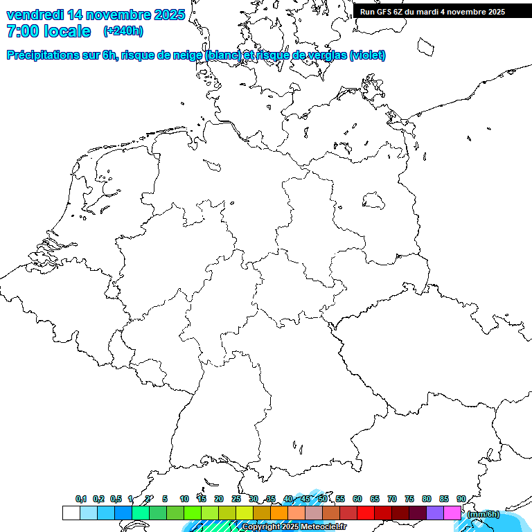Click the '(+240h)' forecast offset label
pos(123,31)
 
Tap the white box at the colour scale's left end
pos(71,513)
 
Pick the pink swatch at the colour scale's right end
pos(452,513)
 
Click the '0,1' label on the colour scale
pos(81,499)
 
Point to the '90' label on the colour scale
pos(461,499)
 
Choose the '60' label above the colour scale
pos(357,499)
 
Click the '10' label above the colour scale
pos(184,499)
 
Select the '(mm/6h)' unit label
pos(483,514)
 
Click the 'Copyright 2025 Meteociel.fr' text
pos(294,527)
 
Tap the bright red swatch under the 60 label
pos(366,513)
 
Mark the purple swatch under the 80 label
pos(435,513)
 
